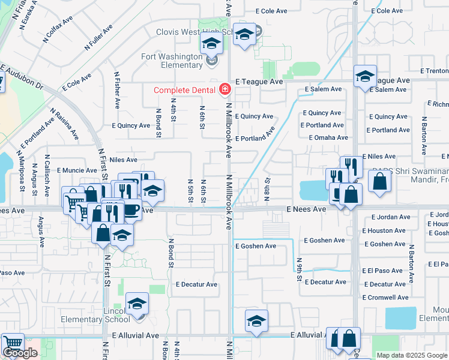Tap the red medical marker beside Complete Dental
point(224,90)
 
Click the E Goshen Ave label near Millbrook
point(255,246)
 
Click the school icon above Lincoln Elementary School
point(137,304)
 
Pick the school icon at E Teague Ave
point(365,76)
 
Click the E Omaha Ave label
point(328,137)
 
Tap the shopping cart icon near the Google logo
point(12,344)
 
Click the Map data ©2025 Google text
point(412,355)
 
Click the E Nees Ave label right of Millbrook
point(306,209)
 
